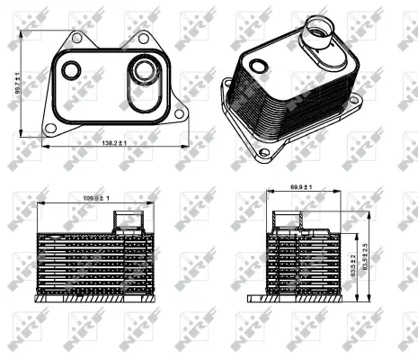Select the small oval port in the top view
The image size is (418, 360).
[x=69, y=69]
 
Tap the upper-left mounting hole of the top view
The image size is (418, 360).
[x=77, y=39]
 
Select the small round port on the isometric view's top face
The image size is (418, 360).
[x=258, y=66]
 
